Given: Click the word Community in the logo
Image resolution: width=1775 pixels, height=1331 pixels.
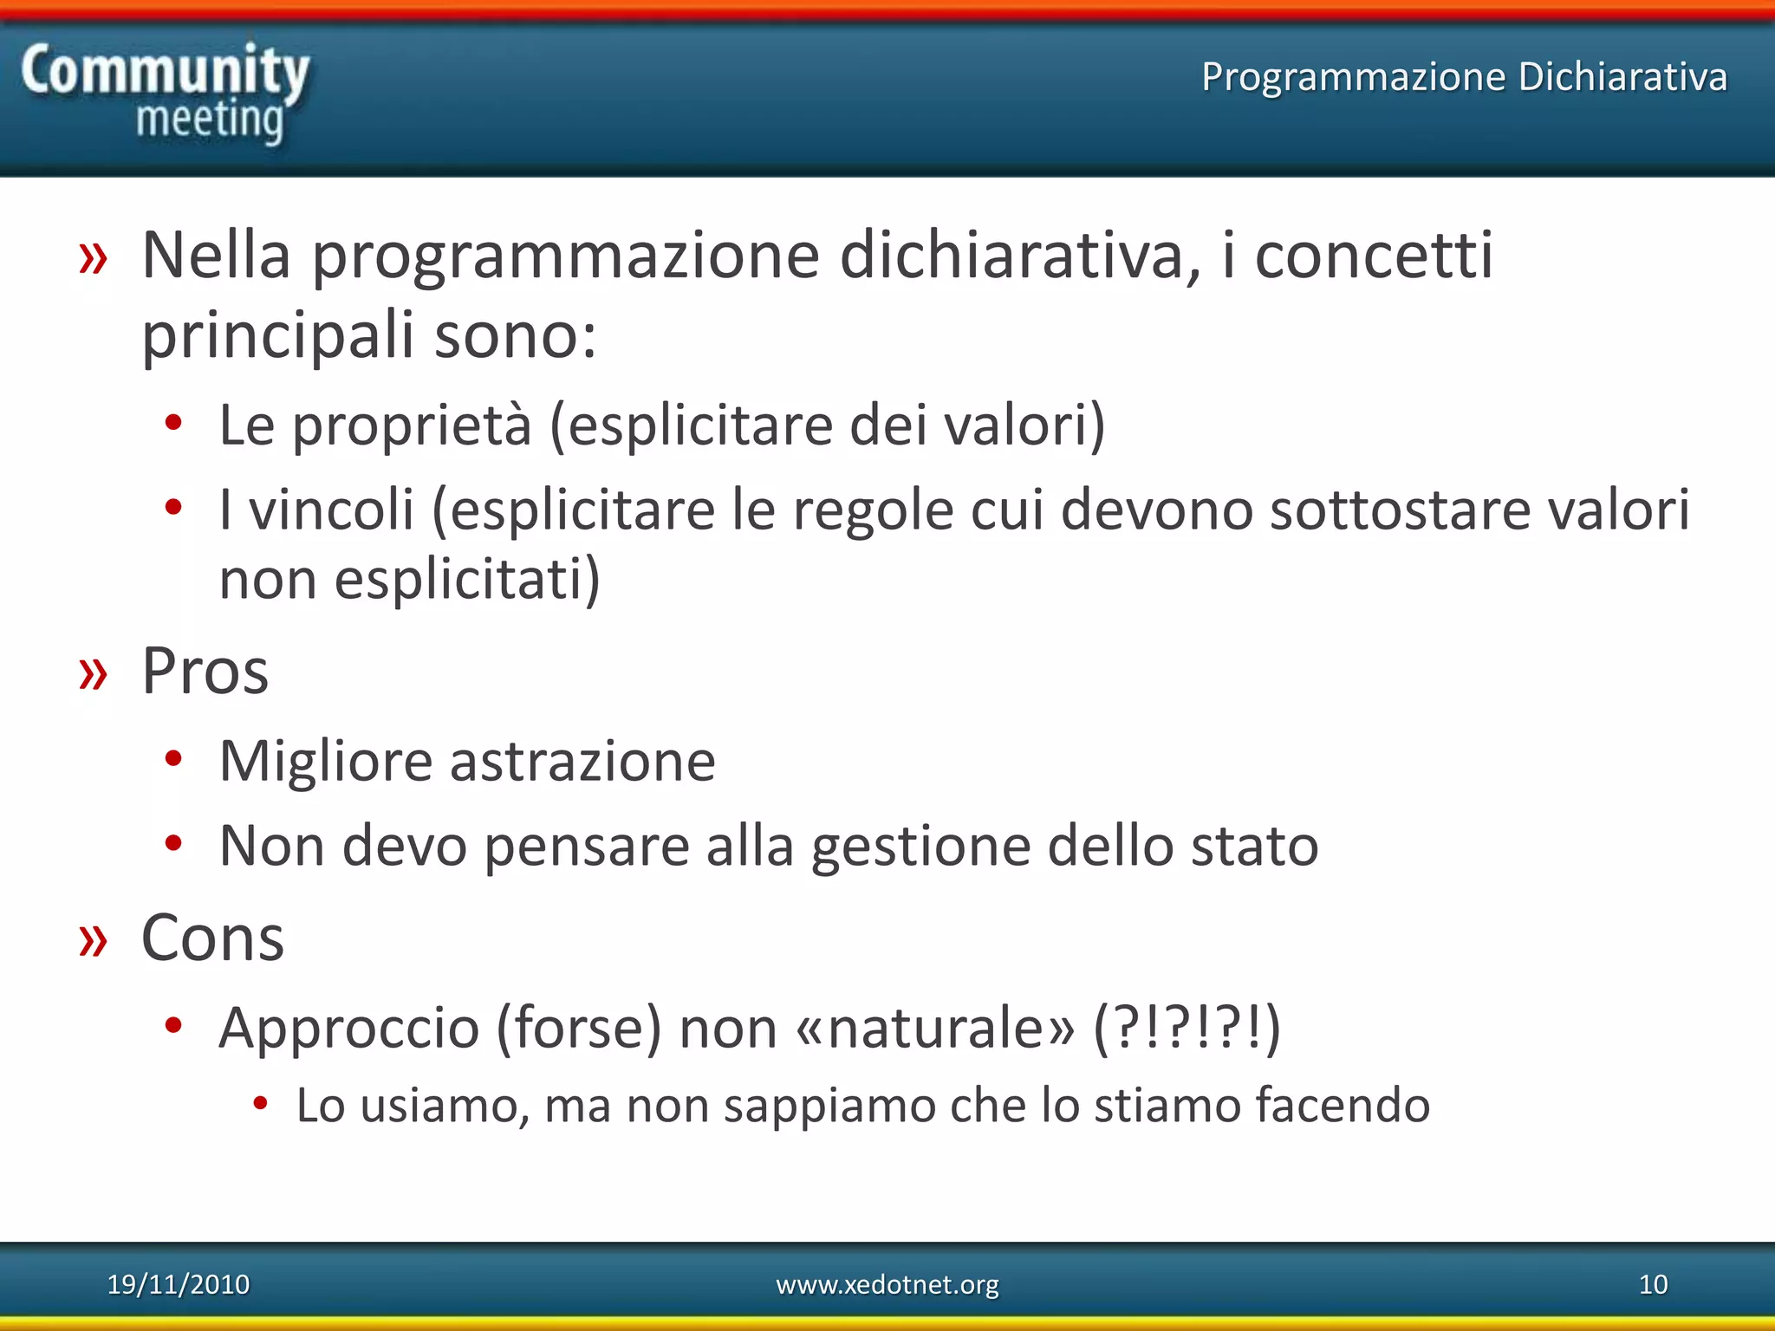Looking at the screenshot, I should tap(165, 71).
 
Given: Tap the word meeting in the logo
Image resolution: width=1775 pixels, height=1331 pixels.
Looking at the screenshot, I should tap(210, 120).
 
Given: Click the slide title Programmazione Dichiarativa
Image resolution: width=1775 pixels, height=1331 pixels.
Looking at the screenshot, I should tap(1464, 76).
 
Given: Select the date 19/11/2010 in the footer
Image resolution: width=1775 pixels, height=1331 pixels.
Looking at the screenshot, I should tap(178, 1284).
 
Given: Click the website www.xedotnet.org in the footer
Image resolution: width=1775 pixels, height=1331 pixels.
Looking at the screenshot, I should tap(887, 1284).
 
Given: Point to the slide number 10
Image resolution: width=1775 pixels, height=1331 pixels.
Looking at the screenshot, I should tap(1653, 1284).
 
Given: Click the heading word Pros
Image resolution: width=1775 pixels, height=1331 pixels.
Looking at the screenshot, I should tap(205, 672).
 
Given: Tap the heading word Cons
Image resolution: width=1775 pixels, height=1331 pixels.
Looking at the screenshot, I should tap(212, 938).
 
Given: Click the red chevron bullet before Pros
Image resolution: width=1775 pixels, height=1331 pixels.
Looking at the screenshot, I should tap(93, 674).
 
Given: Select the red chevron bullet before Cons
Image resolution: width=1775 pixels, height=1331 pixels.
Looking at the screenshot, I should tap(93, 941).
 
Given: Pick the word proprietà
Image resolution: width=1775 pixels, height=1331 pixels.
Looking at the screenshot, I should tap(412, 426).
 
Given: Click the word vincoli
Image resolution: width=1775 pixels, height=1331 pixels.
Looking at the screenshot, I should tap(331, 510).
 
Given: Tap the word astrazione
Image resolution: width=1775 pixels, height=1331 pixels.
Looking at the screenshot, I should tap(582, 762).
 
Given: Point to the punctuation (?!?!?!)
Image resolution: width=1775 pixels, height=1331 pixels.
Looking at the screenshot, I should tap(1187, 1029).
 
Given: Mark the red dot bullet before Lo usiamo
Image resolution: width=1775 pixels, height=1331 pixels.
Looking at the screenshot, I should tap(260, 1103).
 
